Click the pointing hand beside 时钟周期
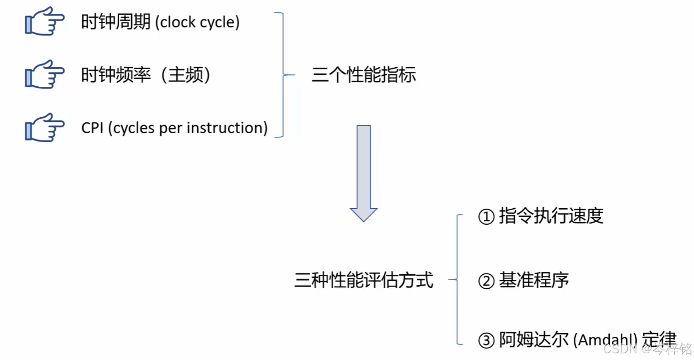point(44,23)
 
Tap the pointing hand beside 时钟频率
point(44,75)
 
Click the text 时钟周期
point(116,22)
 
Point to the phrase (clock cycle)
point(198,23)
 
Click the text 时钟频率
point(116,75)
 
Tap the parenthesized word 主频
point(186,75)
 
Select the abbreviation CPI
point(92,128)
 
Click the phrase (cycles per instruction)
point(188,128)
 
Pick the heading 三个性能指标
point(364,75)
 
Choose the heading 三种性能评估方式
point(364,280)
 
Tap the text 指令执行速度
point(551,216)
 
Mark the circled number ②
point(486,281)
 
